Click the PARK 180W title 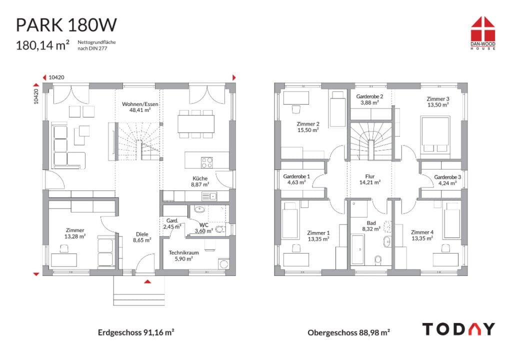point(66,25)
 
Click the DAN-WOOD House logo point(483,33)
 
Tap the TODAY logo point(458,329)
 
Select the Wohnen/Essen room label point(140,104)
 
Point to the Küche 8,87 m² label point(200,181)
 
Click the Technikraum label point(183,252)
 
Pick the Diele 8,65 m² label point(142,237)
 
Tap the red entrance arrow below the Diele point(147,281)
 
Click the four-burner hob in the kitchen point(206,162)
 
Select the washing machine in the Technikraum point(223,263)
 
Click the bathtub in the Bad point(358,249)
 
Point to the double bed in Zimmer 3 point(435,134)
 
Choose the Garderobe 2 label point(369,96)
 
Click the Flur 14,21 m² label point(370,179)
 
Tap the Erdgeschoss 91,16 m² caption point(136,332)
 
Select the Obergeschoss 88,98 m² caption point(348,332)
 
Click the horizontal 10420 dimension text point(56,77)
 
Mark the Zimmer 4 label point(422,232)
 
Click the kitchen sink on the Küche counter point(209,196)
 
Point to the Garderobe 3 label point(447,177)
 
